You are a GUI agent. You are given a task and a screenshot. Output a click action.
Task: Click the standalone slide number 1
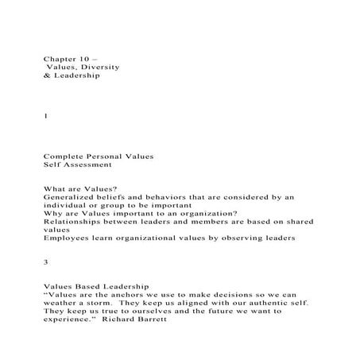(45, 115)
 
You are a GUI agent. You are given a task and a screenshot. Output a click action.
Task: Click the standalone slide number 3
(45, 260)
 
